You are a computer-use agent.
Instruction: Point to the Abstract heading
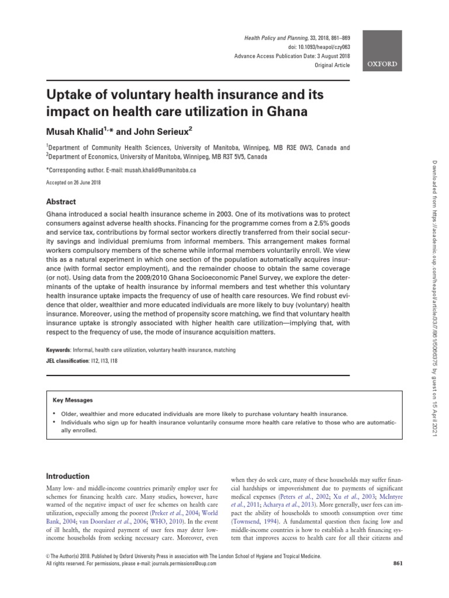[61, 201]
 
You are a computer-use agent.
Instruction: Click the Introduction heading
[68, 476]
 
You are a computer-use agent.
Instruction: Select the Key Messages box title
[72, 401]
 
